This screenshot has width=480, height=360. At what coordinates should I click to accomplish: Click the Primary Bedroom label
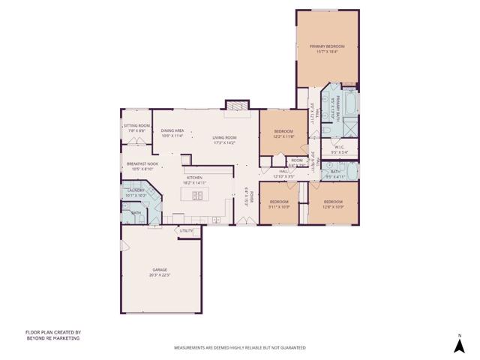coord(328,46)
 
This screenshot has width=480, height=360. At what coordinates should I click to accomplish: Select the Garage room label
coord(160,269)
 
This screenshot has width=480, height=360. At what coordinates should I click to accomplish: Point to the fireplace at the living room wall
coord(237,106)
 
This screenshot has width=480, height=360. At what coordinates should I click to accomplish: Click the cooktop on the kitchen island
coord(199,196)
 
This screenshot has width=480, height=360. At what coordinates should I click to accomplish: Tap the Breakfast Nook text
coord(142,163)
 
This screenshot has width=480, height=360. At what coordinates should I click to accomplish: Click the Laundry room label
coord(136,190)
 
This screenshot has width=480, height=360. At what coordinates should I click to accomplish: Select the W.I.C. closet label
coord(339,147)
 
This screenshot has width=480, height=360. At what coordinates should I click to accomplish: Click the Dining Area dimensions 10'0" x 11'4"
coord(172,136)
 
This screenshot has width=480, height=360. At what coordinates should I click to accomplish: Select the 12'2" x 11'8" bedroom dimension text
coord(283,136)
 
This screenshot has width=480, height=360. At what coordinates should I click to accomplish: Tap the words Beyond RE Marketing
coord(52,338)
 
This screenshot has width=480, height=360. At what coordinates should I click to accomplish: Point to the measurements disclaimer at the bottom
coord(239,348)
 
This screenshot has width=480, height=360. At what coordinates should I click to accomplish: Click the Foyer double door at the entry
coord(245,220)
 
